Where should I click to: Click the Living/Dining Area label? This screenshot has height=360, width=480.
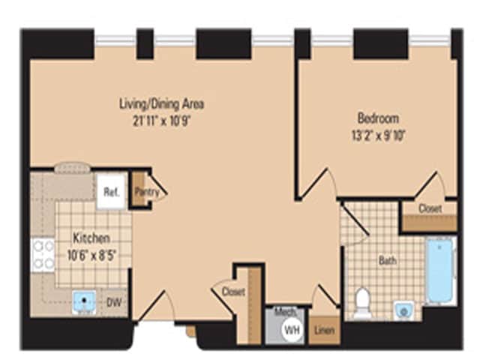click(161, 103)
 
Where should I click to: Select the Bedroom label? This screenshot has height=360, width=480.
click(377, 118)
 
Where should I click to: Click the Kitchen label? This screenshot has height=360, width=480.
click(91, 238)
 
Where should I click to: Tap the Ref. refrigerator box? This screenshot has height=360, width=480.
click(110, 192)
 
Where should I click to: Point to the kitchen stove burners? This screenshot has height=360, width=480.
click(43, 255)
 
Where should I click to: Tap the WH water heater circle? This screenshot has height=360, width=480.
click(289, 328)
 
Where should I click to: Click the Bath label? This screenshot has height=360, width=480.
click(387, 261)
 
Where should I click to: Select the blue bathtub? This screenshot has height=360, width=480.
click(440, 271)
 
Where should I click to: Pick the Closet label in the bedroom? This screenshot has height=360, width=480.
click(430, 208)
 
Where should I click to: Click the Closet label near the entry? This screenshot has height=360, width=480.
click(233, 292)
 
